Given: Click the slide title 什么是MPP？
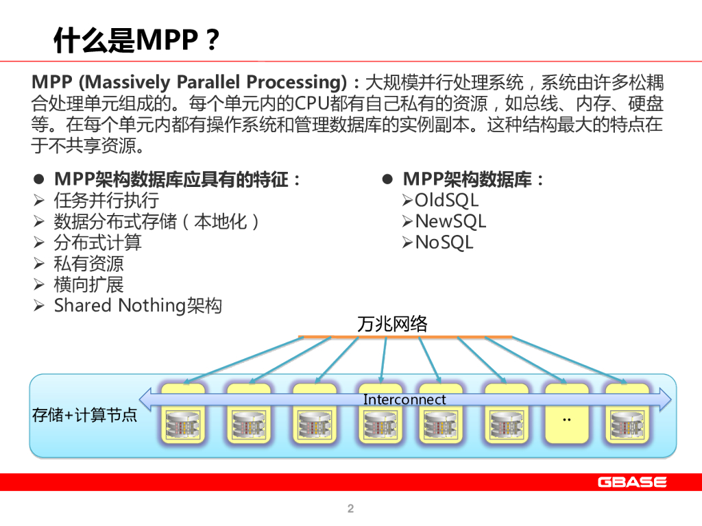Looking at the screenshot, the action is pos(138,40).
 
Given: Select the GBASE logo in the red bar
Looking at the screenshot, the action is pos(631,482).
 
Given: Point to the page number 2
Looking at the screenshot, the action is pos(351,508).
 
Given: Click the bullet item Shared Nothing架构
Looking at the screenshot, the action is pos(138,305).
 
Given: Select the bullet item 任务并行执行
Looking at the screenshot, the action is pos(106,201).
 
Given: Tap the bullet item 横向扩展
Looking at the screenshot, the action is pos(88,284).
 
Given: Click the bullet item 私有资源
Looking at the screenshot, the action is pos(88,264).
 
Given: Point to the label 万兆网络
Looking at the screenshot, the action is pos(392,324).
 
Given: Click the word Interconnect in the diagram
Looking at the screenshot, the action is pos(404,399).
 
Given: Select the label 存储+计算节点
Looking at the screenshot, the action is pos(84,415).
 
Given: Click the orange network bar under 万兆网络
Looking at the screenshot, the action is pos(405,337).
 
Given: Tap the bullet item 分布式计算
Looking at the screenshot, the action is pos(97,242).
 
